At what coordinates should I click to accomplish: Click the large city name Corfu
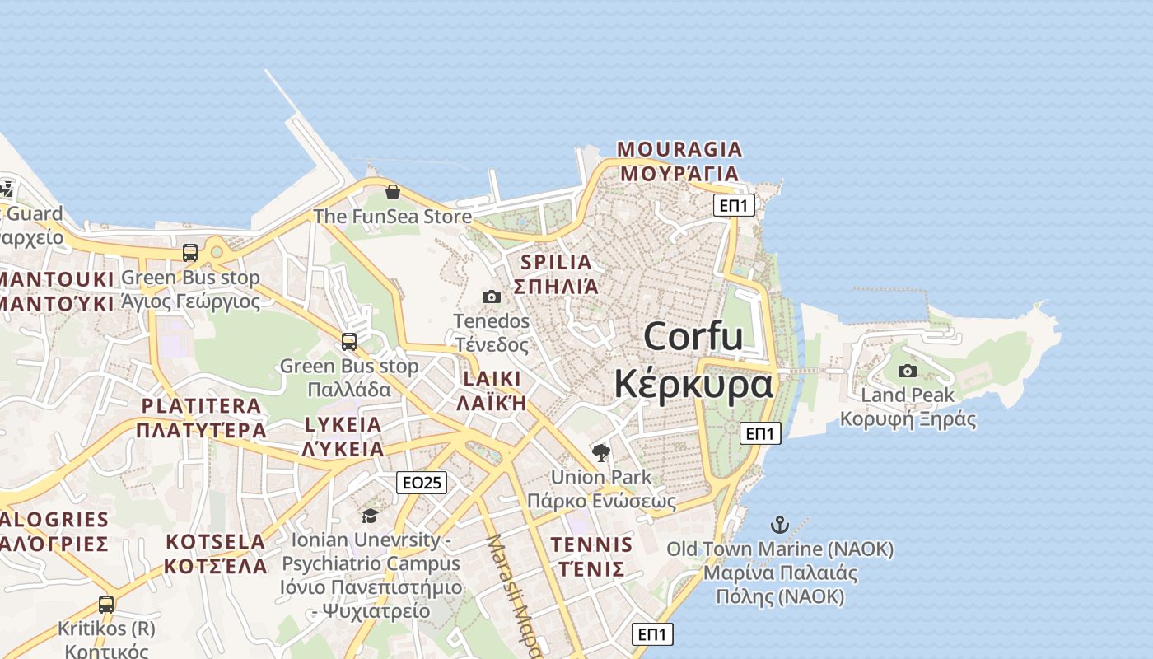click(x=693, y=337)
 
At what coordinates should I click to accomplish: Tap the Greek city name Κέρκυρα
click(x=693, y=384)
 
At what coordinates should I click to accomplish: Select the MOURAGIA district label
click(x=679, y=150)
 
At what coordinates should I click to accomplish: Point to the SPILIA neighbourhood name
click(x=556, y=263)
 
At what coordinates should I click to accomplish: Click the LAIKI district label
click(x=492, y=379)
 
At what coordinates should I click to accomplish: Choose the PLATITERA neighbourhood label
click(x=201, y=406)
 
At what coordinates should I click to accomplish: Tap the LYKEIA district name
click(x=343, y=425)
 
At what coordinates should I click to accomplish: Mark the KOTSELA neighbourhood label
click(x=216, y=542)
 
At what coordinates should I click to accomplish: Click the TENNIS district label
click(x=592, y=544)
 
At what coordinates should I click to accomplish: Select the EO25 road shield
click(x=422, y=483)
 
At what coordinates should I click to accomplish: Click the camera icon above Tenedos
click(x=492, y=297)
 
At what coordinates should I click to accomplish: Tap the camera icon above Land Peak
click(x=908, y=371)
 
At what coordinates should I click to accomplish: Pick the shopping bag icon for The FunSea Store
click(x=393, y=192)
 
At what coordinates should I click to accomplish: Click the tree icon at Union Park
click(x=601, y=452)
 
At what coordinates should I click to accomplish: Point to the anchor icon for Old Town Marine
click(x=779, y=524)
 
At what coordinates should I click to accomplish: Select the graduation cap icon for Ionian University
click(x=370, y=516)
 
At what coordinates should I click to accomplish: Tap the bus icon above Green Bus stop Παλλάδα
click(x=349, y=341)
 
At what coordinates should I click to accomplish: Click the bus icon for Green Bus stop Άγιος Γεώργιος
click(x=190, y=253)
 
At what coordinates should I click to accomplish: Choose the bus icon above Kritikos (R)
click(x=106, y=604)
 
